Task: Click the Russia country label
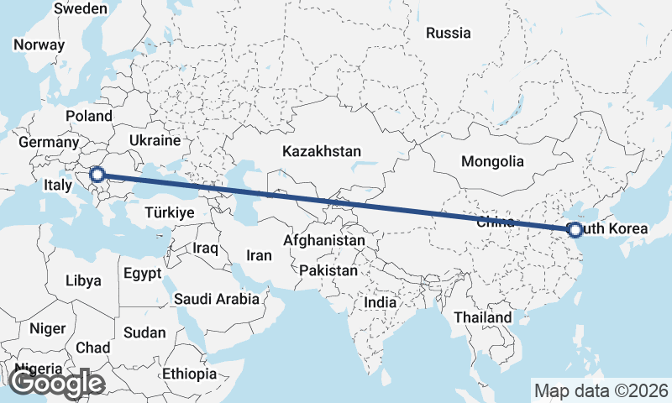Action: (x=448, y=34)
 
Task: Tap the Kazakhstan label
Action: (x=322, y=152)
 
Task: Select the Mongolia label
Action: (x=492, y=162)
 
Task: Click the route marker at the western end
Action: (x=97, y=175)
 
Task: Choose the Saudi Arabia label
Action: (x=218, y=298)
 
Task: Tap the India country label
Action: (x=381, y=302)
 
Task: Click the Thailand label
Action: (x=482, y=318)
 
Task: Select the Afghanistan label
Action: (x=324, y=241)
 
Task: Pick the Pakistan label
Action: (x=328, y=271)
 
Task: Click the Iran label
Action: (x=259, y=254)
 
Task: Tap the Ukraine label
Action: (x=155, y=140)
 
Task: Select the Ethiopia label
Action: (x=190, y=374)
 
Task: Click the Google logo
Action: (x=57, y=384)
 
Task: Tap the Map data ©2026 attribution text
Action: (x=601, y=390)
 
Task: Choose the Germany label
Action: (x=47, y=143)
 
